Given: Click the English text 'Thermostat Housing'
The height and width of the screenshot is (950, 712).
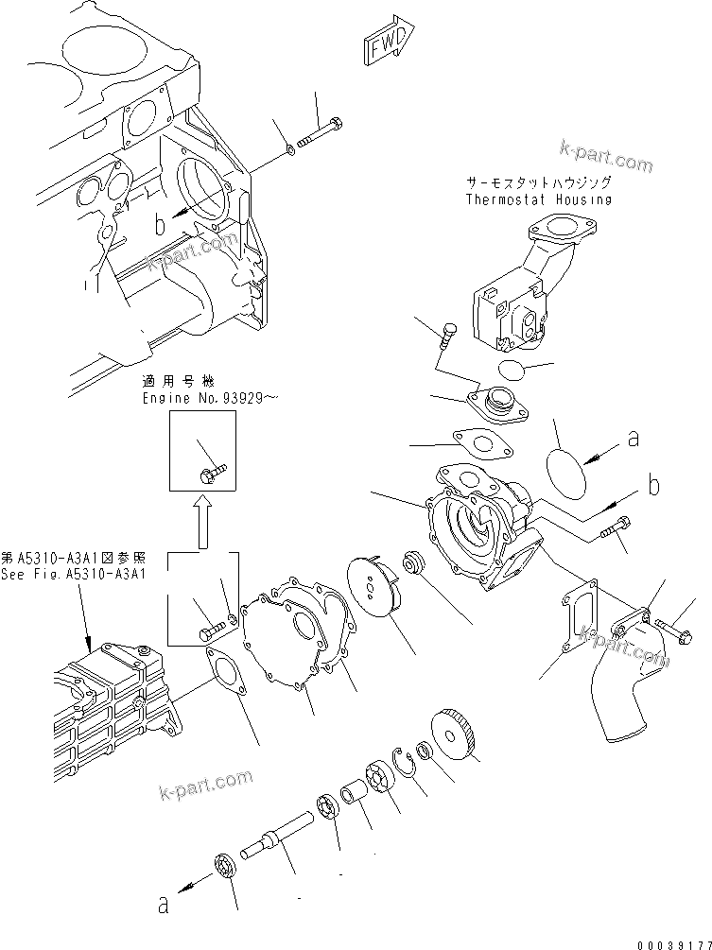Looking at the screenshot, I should [538, 199].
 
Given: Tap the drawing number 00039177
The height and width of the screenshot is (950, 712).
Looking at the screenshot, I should [672, 941].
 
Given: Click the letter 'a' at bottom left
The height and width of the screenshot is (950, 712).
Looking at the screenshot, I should [163, 906].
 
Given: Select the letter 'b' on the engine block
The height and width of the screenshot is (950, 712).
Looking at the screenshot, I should [162, 225].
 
